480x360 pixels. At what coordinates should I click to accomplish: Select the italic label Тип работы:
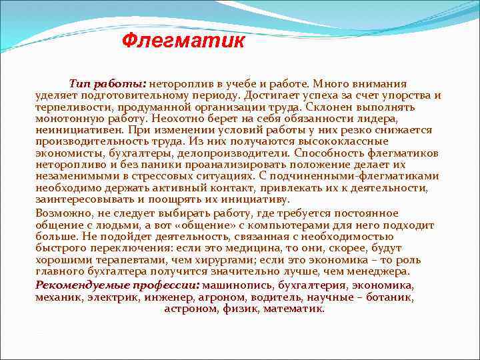coord(107,85)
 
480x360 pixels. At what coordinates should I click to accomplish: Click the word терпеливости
coord(69,106)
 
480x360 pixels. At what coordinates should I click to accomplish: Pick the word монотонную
coord(67,117)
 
